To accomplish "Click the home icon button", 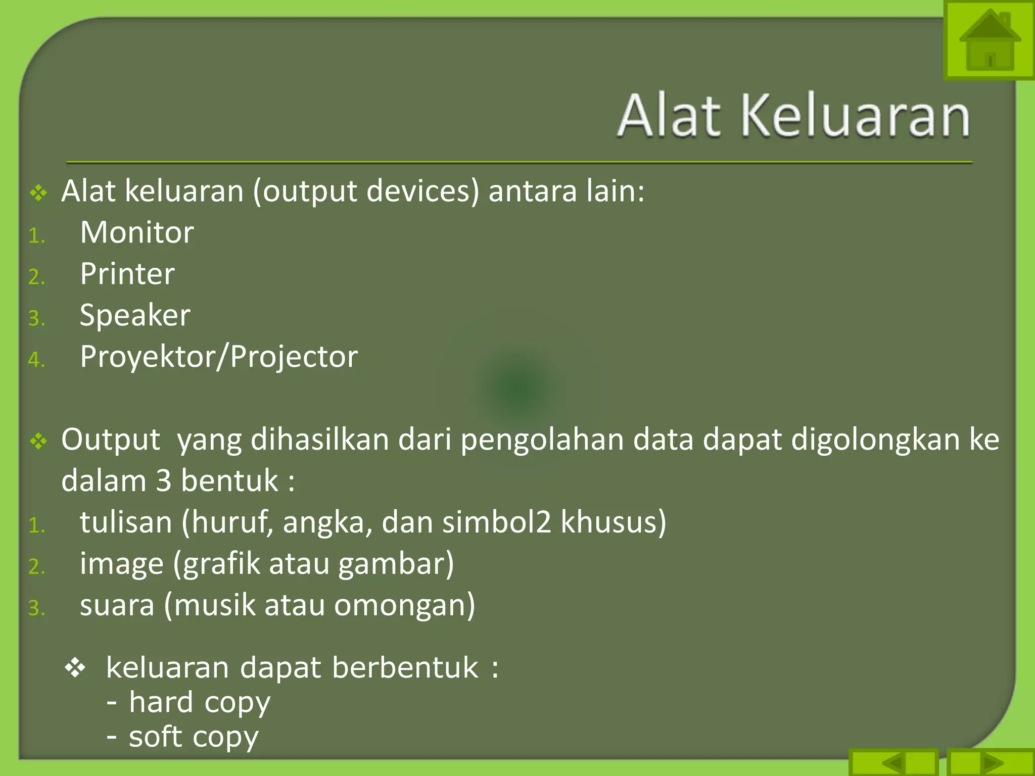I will coord(989,40).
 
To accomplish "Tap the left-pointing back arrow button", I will coord(893,762).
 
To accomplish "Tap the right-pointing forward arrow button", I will coord(991,762).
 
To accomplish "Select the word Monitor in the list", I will coord(137,232).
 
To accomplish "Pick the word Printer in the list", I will coord(127,274).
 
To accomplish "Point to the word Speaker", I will coord(135,316).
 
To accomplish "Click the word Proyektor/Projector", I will coord(219,357).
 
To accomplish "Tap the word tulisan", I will coord(126,522).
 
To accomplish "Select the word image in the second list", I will coord(122,564).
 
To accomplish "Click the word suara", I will coord(117,605).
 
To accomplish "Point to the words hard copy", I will coord(200,702).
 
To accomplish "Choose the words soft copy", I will coord(194,737).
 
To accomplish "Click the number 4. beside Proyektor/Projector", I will coord(36,360).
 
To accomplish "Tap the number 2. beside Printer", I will coord(36,277).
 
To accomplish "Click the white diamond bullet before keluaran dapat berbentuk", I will coord(75,668).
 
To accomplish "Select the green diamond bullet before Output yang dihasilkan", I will coord(38,442).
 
